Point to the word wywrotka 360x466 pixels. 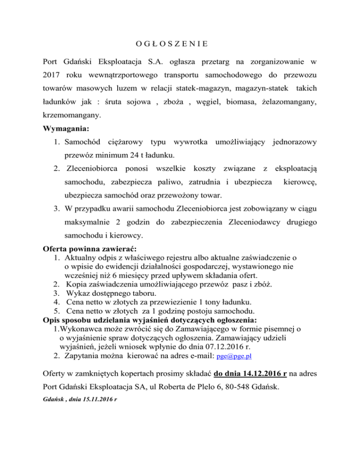pyautogui.click(x=191, y=142)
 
